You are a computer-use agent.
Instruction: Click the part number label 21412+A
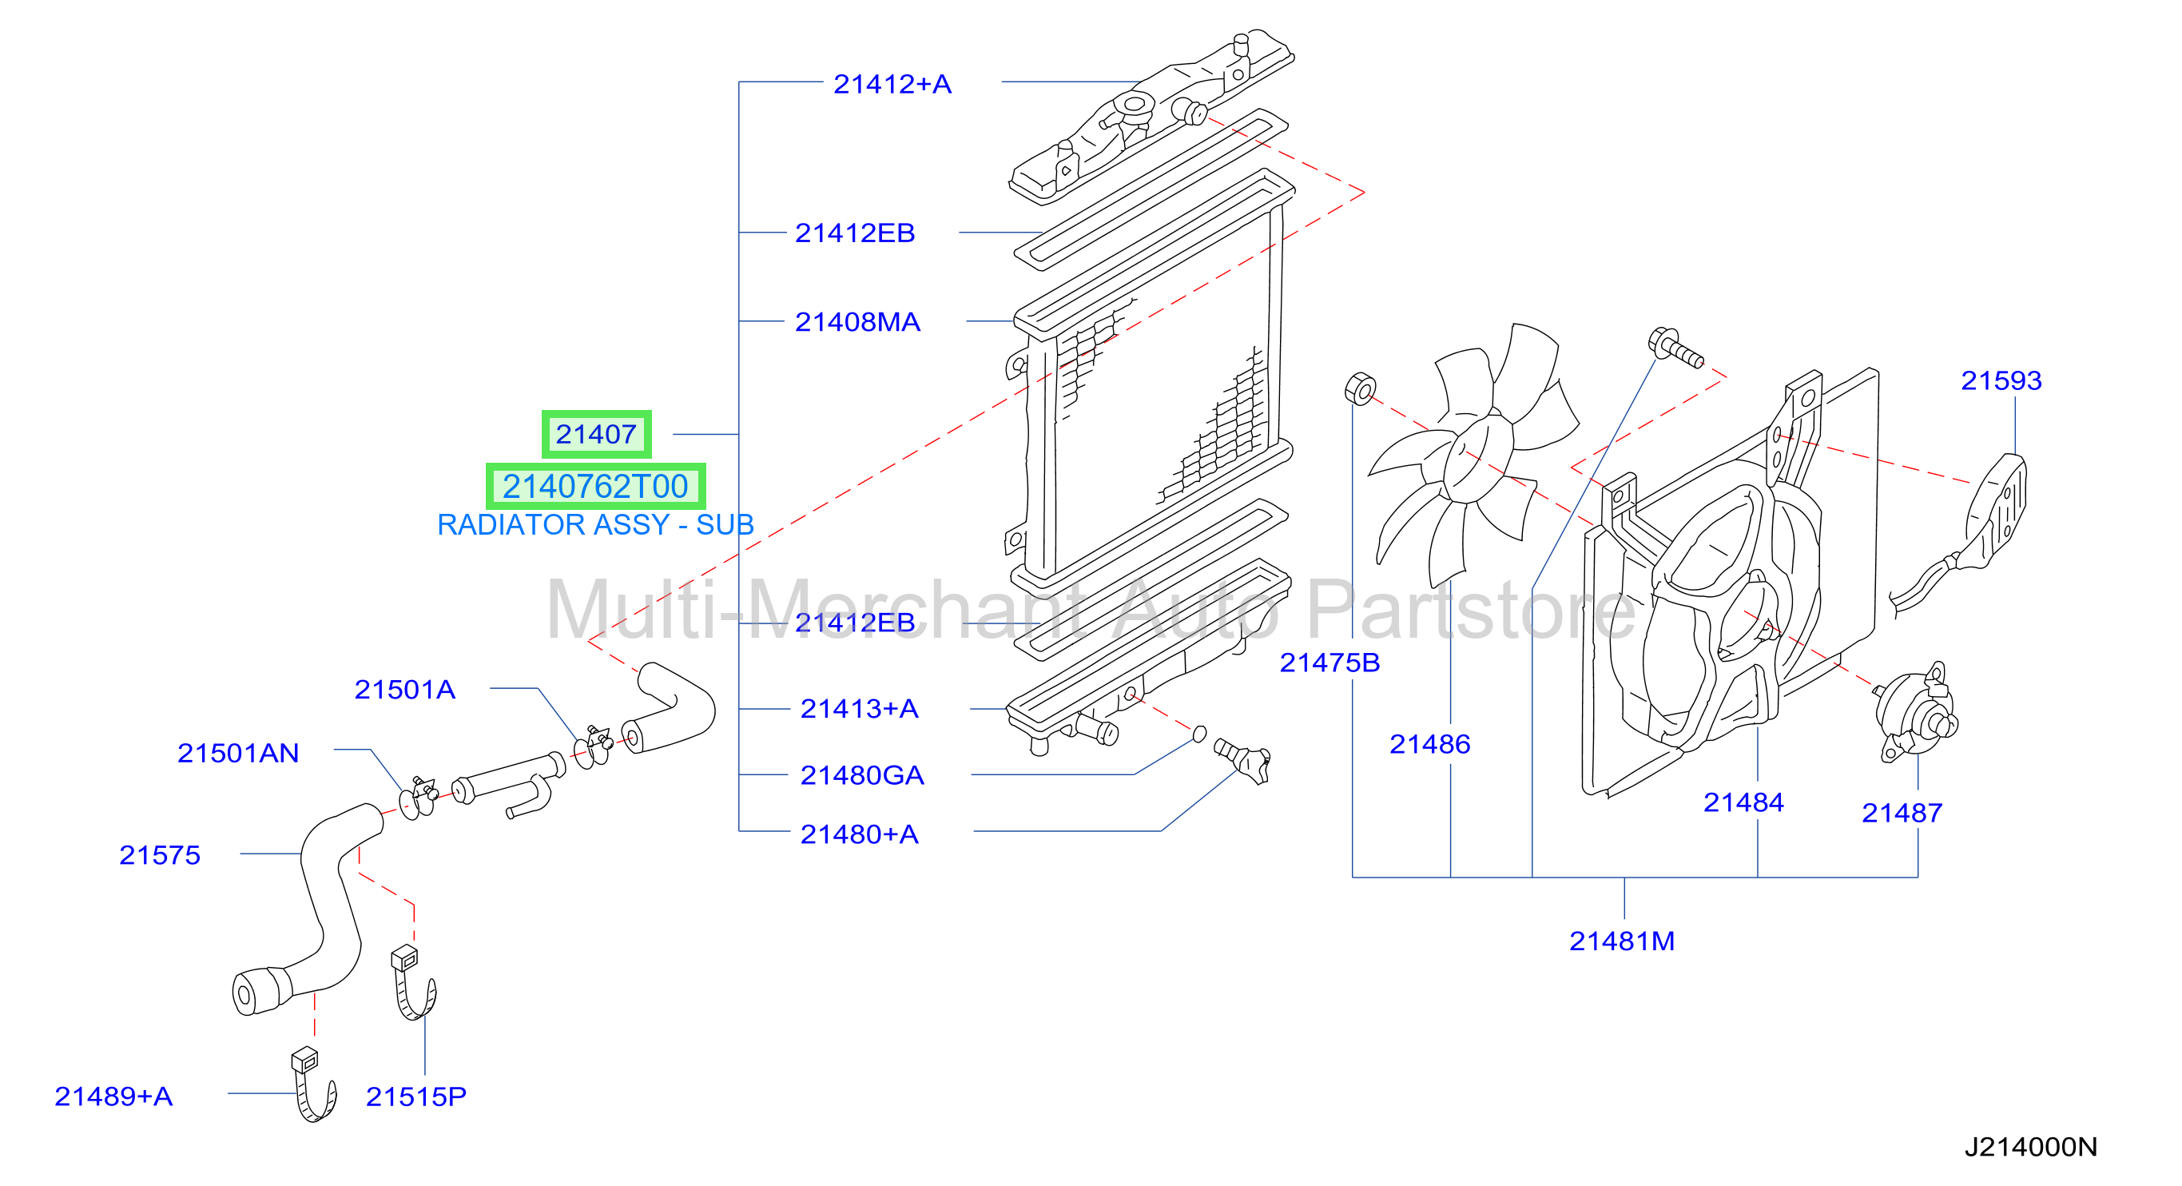pyautogui.click(x=892, y=84)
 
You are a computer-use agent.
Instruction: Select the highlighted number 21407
pyautogui.click(x=596, y=434)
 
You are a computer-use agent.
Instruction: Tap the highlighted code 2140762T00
pyautogui.click(x=595, y=486)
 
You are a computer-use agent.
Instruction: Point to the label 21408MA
pyautogui.click(x=857, y=322)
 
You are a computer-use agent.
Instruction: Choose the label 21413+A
pyautogui.click(x=859, y=708)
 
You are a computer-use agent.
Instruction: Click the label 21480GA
pyautogui.click(x=861, y=775)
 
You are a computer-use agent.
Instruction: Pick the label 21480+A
pyautogui.click(x=859, y=834)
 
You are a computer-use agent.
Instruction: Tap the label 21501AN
pyautogui.click(x=238, y=753)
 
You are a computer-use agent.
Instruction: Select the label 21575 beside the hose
pyautogui.click(x=159, y=855)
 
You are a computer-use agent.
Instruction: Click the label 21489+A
pyautogui.click(x=113, y=1096)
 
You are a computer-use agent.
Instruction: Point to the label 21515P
pyautogui.click(x=416, y=1096)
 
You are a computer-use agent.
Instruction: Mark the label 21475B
pyautogui.click(x=1329, y=663)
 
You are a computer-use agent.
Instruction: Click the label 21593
pyautogui.click(x=2001, y=380)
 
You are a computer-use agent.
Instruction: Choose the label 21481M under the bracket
pyautogui.click(x=1621, y=941)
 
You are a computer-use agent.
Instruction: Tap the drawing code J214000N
pyautogui.click(x=2030, y=1147)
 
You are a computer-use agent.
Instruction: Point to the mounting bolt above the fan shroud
pyautogui.click(x=1675, y=348)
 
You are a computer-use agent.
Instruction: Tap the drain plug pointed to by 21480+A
pyautogui.click(x=1242, y=760)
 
